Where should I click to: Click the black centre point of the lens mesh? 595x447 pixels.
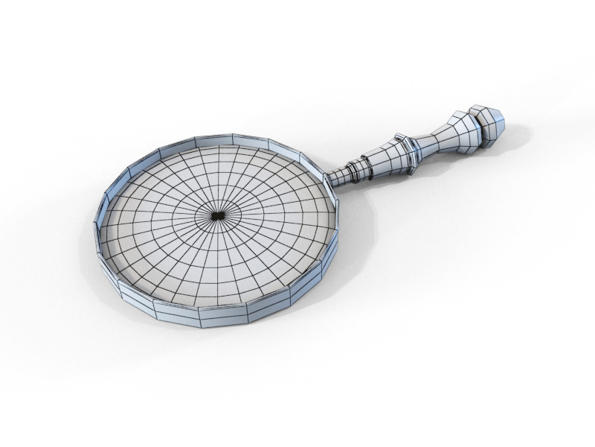point(216,215)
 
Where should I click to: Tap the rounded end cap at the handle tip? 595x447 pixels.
point(492,123)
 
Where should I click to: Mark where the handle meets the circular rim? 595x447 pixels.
point(328,183)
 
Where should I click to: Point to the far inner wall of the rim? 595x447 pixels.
point(223,144)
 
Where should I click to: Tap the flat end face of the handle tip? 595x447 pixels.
point(501,119)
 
